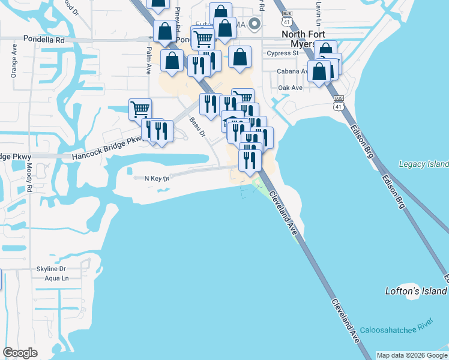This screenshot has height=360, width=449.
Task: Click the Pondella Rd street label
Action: tap(44, 39)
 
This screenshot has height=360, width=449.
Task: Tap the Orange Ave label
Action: tap(13, 67)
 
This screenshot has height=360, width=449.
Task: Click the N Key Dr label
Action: tap(152, 178)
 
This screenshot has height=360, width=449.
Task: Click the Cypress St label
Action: tap(284, 53)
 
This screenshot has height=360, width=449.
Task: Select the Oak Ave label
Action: tap(291, 88)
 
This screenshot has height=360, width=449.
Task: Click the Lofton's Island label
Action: tap(416, 291)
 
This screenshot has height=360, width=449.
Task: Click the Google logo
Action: tap(20, 353)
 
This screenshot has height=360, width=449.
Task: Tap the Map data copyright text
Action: tap(412, 355)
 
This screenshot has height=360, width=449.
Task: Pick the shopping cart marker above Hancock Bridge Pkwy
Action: tap(140, 109)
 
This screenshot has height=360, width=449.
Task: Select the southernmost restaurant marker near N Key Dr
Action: tap(249, 160)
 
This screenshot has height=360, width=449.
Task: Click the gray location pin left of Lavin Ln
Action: tap(255, 23)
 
